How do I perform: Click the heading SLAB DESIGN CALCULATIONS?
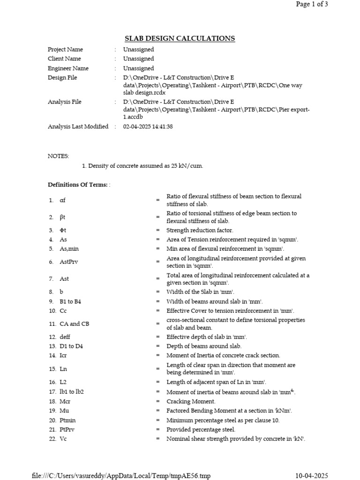180,38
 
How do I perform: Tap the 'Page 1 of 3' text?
312,4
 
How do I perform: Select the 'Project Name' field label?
65,50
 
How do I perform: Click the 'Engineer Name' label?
68,68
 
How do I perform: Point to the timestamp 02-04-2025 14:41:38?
148,127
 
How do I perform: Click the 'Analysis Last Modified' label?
78,127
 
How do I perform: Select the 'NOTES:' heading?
59,156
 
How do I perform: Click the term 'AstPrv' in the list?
69,262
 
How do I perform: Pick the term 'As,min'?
69,249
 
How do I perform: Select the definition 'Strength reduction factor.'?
200,230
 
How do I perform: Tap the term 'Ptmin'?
68,420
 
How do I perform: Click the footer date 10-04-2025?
311,476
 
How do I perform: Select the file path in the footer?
121,476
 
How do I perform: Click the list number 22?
52,439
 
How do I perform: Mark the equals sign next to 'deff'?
158,337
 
